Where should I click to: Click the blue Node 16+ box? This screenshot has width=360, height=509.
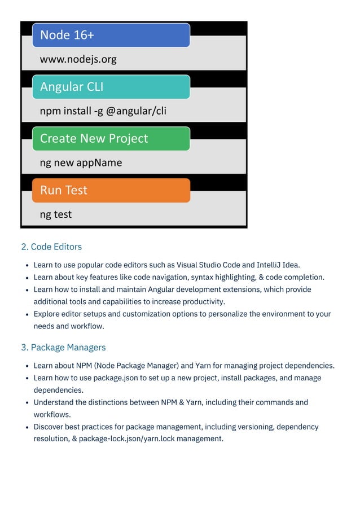tap(111, 35)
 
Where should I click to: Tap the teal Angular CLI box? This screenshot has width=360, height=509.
tap(111, 87)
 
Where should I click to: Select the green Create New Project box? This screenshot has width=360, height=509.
tap(111, 139)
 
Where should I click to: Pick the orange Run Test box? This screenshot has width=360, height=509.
tap(111, 190)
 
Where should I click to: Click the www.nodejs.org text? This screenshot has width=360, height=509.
tap(78, 59)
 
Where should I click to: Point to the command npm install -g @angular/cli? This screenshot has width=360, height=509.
tap(103, 111)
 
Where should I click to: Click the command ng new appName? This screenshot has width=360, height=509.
tap(81, 163)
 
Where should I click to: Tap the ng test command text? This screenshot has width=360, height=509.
tap(55, 214)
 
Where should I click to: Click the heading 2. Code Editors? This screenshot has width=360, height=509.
tap(51, 247)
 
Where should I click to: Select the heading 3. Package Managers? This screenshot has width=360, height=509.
tap(63, 347)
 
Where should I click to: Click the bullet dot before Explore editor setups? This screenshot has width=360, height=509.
tap(28, 314)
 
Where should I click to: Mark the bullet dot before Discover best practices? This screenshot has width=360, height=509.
tap(28, 427)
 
